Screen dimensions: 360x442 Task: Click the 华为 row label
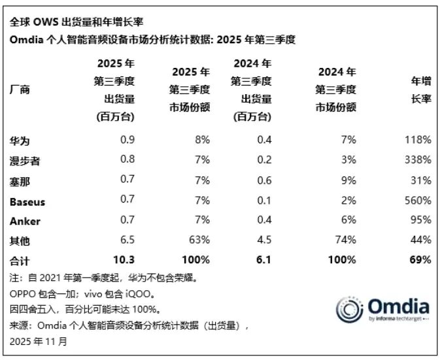coord(20,140)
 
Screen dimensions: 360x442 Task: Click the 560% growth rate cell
coord(418,200)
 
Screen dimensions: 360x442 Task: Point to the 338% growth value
coord(418,159)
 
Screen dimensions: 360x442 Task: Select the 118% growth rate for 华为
coord(418,140)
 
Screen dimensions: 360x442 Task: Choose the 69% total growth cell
coord(420,260)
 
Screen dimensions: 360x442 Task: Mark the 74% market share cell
coord(345,240)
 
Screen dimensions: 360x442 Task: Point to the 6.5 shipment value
coord(127,240)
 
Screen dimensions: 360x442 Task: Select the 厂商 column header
coord(20,90)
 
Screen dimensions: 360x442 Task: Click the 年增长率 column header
coord(420,91)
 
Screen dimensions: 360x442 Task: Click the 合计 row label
coord(20,260)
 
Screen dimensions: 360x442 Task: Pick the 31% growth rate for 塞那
coord(420,180)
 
